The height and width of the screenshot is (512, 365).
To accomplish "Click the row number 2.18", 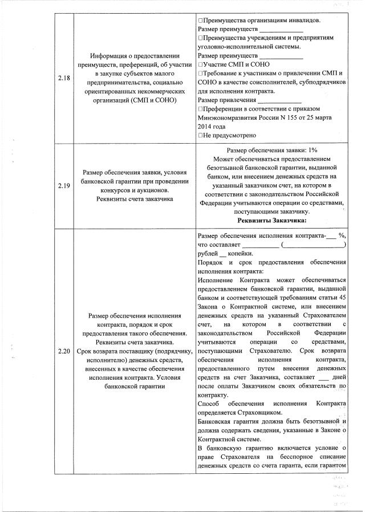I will [x=64, y=79].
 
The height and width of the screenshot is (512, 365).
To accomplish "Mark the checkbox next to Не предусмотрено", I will [x=200, y=136].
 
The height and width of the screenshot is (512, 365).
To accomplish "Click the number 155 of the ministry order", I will [x=291, y=117].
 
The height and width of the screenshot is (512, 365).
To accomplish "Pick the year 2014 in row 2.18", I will [x=204, y=127].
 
